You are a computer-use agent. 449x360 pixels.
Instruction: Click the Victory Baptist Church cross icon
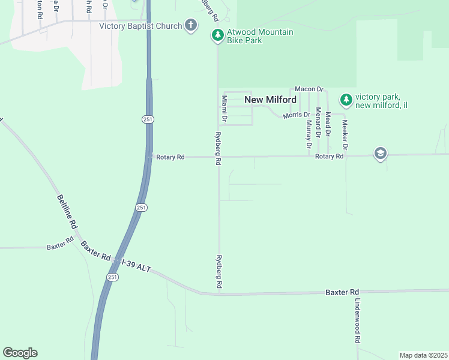[x=191, y=25]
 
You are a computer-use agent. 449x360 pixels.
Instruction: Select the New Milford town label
[x=270, y=100]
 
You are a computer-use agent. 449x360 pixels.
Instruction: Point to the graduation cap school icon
[x=380, y=154]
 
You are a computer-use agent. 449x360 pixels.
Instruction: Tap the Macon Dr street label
[x=309, y=89]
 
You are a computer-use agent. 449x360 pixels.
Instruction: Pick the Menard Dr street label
[x=319, y=120]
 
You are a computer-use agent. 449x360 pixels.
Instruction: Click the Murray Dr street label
[x=309, y=134]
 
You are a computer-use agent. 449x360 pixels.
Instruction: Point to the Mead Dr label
[x=328, y=122]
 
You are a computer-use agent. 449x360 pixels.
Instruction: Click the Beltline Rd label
[x=67, y=211]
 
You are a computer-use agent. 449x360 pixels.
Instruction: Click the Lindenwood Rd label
[x=357, y=321]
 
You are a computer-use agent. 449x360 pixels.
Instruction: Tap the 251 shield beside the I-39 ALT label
[x=113, y=277]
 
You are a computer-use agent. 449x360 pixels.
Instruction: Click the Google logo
[x=20, y=353]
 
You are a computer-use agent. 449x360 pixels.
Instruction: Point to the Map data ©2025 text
[x=423, y=355]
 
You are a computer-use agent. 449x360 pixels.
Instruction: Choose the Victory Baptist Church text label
[x=140, y=26]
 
